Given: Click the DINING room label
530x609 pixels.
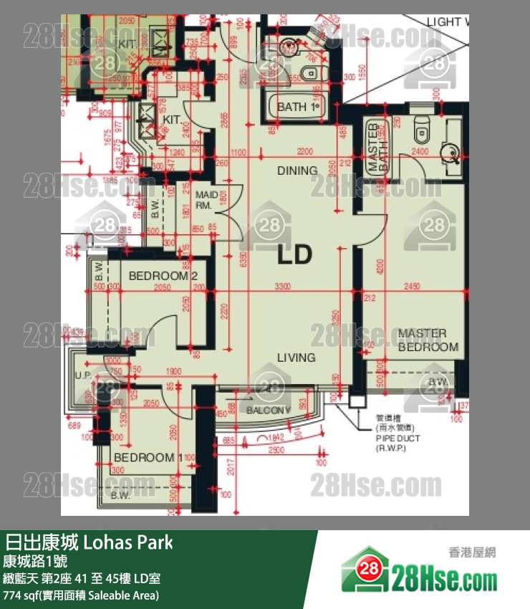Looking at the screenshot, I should click(x=297, y=171).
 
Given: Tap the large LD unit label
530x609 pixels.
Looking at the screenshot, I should click(x=295, y=254).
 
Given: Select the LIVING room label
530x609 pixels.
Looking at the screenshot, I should click(x=297, y=358).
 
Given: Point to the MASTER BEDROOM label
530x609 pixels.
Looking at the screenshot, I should click(x=428, y=340).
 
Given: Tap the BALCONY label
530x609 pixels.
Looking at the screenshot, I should click(x=269, y=411).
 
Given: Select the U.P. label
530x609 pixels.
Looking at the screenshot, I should click(x=82, y=374).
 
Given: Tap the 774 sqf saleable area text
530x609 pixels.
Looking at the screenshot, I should click(x=81, y=595).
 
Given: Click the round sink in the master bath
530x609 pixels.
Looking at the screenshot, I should click(x=451, y=150).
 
